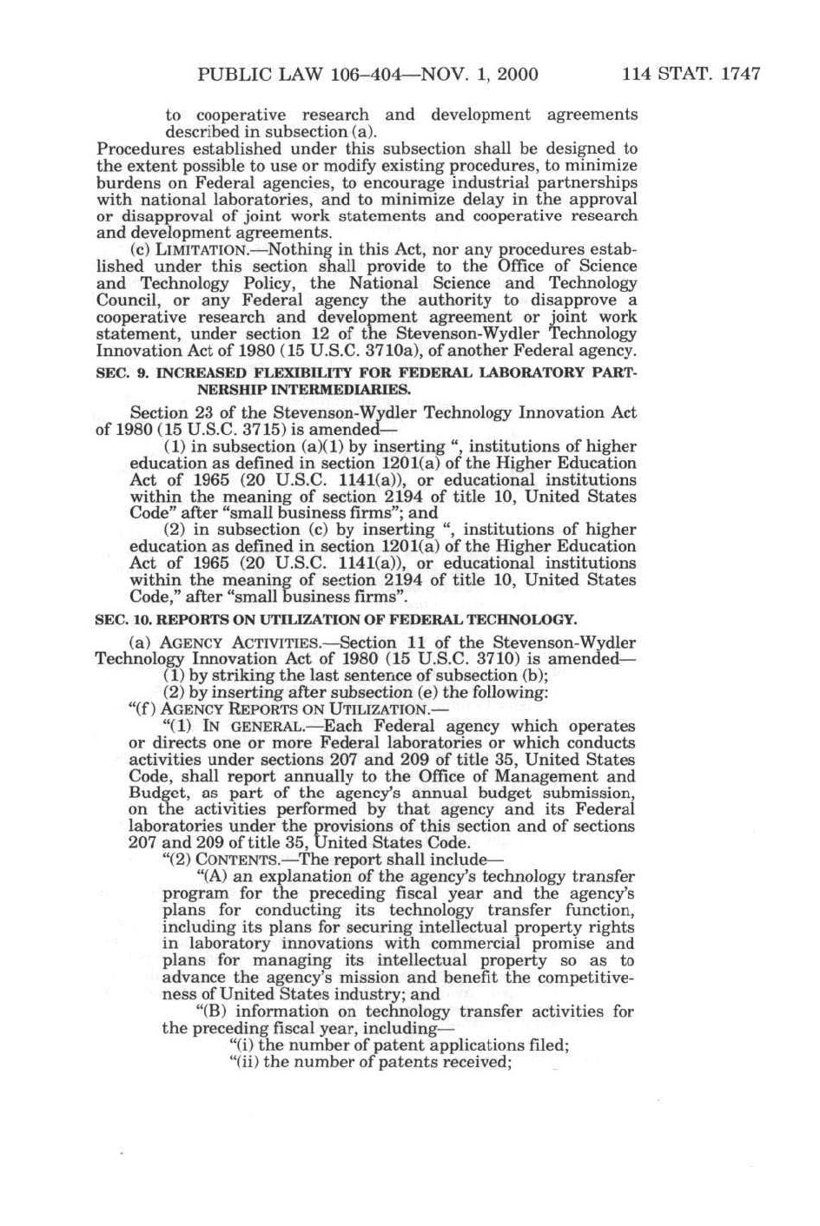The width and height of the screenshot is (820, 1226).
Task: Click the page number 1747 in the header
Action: click(x=737, y=74)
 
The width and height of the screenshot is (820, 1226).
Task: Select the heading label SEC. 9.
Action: click(x=121, y=372)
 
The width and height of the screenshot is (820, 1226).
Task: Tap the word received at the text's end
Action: click(x=475, y=1062)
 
